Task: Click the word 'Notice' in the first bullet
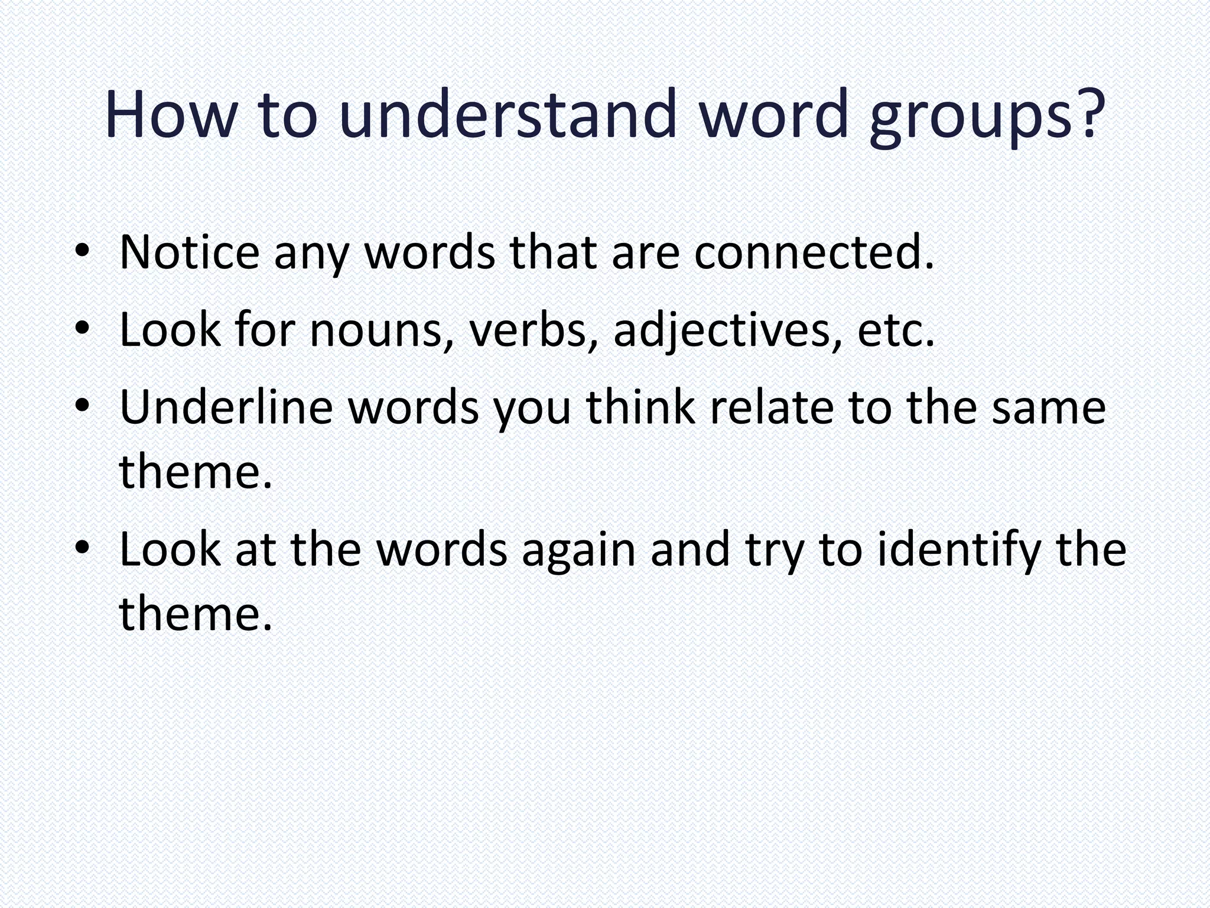click(x=189, y=252)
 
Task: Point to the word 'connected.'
click(x=814, y=252)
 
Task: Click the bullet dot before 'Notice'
click(x=82, y=251)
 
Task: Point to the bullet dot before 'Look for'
click(x=82, y=328)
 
